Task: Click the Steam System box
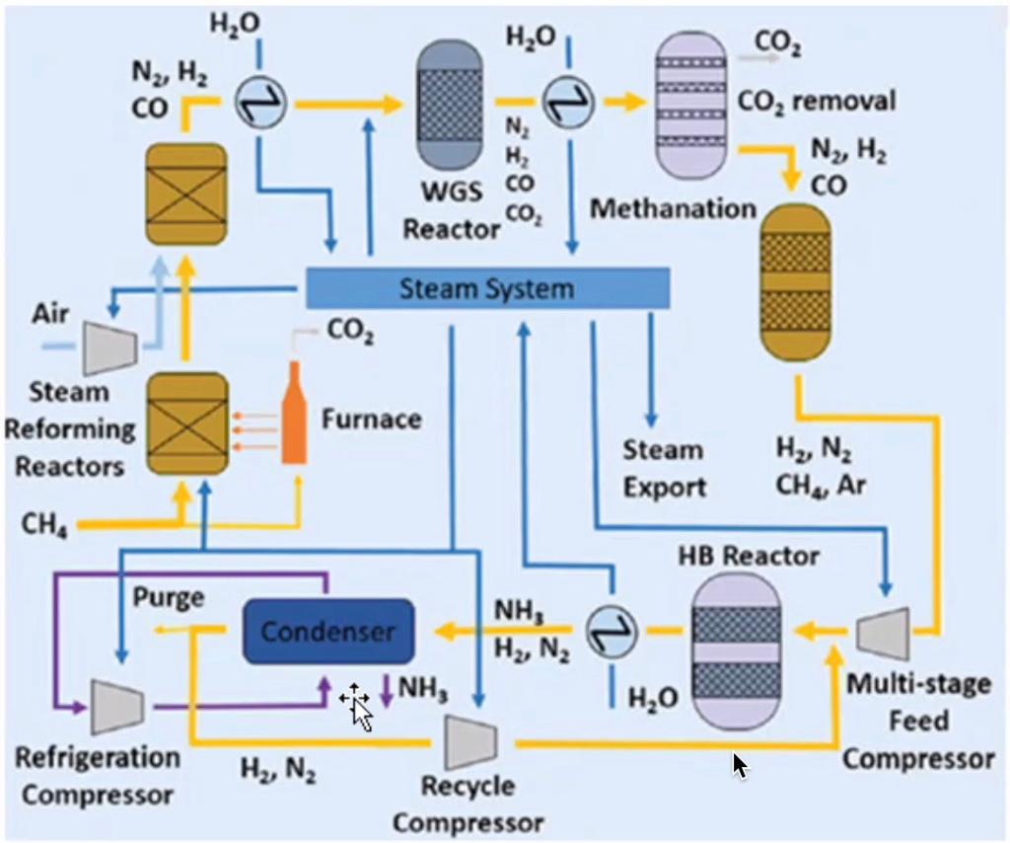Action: (x=487, y=288)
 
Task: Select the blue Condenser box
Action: (x=328, y=631)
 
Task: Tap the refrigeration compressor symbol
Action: (x=117, y=707)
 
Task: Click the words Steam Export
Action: (x=664, y=469)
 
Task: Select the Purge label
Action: (x=169, y=597)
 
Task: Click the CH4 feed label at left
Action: (x=44, y=523)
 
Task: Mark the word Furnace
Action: (x=372, y=419)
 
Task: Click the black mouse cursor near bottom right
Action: (x=740, y=766)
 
